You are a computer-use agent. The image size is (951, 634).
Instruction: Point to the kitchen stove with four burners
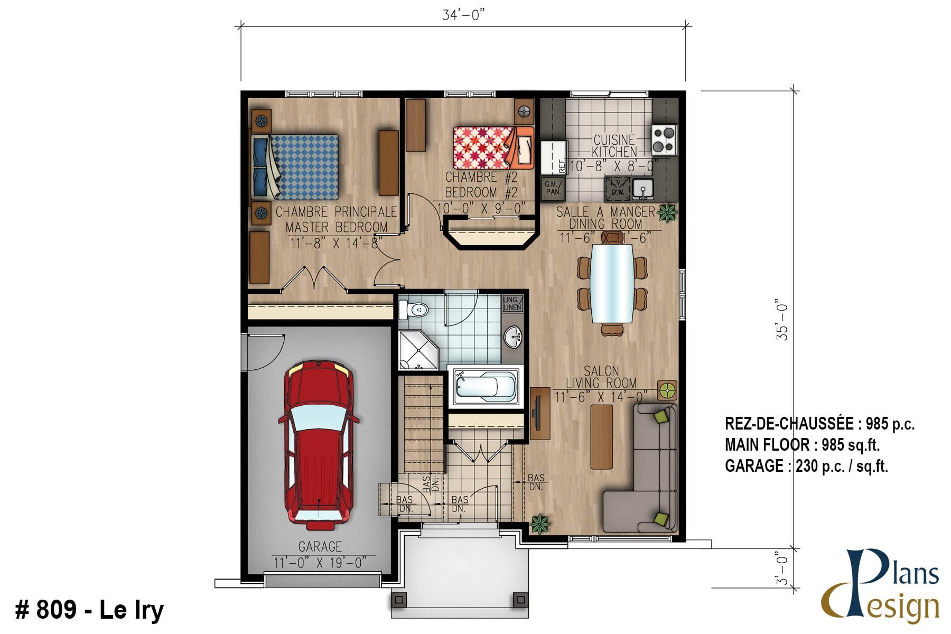664,139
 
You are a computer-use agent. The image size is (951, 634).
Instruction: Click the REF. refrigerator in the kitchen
553,157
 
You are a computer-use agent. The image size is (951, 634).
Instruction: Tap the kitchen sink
643,188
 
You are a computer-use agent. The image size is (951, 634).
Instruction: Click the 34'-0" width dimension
463,15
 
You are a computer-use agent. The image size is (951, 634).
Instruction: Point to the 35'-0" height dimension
782,322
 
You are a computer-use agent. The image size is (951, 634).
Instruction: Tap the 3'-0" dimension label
782,568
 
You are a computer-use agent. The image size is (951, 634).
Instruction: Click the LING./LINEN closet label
512,303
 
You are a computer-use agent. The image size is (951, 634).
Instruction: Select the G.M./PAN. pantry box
553,188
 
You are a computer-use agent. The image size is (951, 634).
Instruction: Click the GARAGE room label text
320,546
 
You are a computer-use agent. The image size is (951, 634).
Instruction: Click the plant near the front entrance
540,524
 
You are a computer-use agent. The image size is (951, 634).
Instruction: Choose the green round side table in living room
667,390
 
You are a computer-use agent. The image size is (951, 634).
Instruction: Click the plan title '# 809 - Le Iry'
89,610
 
